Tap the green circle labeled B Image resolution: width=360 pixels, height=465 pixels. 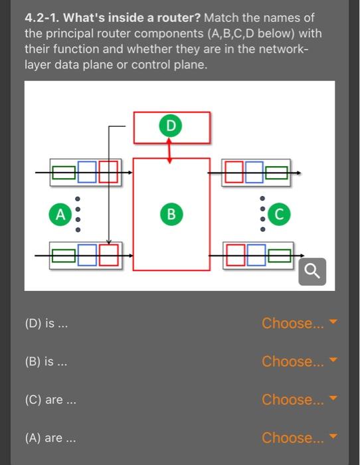tap(171, 214)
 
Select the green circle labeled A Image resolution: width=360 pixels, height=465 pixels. tap(60, 214)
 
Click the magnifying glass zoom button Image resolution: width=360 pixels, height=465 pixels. tap(312, 271)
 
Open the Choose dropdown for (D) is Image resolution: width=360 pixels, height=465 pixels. tap(300, 324)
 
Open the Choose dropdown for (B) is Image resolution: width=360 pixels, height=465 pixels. tap(300, 361)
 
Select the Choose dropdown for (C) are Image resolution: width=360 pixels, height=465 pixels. tap(300, 400)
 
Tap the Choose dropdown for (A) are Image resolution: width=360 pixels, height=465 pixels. tap(300, 438)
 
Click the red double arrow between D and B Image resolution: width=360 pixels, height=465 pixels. tap(171, 151)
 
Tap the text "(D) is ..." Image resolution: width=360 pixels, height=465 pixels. tap(46, 324)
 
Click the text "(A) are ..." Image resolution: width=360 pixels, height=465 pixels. tap(50, 438)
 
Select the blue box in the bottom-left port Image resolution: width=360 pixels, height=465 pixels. tap(87, 255)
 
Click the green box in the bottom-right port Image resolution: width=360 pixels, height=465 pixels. tap(278, 255)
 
